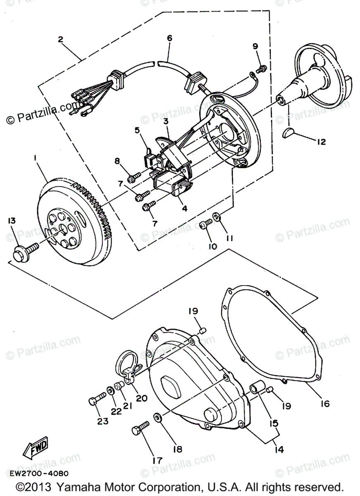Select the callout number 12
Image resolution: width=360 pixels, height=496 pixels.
pyautogui.click(x=321, y=142)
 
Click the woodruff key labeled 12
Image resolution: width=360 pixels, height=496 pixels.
pyautogui.click(x=289, y=133)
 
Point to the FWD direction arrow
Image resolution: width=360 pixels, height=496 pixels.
pyautogui.click(x=35, y=447)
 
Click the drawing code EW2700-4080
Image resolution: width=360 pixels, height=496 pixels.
pyautogui.click(x=39, y=473)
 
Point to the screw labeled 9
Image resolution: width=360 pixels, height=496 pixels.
pyautogui.click(x=261, y=67)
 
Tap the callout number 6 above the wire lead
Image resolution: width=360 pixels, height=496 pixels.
pyautogui.click(x=169, y=38)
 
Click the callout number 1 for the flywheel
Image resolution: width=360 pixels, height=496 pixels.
pyautogui.click(x=36, y=158)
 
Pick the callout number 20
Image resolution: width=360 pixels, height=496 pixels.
pyautogui.click(x=141, y=398)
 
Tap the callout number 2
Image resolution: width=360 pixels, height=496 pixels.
pyautogui.click(x=60, y=39)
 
